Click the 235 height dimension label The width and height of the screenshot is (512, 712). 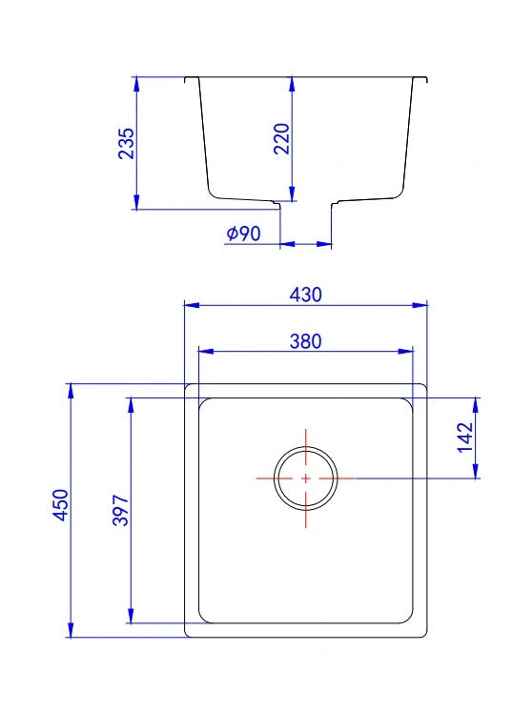click(127, 143)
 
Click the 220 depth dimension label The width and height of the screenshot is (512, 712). click(281, 138)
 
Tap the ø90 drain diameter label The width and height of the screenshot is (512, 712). click(243, 234)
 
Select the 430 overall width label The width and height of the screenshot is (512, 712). click(306, 295)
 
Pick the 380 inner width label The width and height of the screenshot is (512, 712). click(306, 341)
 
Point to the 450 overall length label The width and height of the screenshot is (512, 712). click(61, 504)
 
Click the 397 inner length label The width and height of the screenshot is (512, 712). click(121, 510)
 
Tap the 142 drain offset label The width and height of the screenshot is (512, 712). click(465, 437)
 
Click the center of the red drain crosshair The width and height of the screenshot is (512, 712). click(306, 478)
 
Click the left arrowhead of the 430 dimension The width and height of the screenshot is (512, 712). click(192, 305)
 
